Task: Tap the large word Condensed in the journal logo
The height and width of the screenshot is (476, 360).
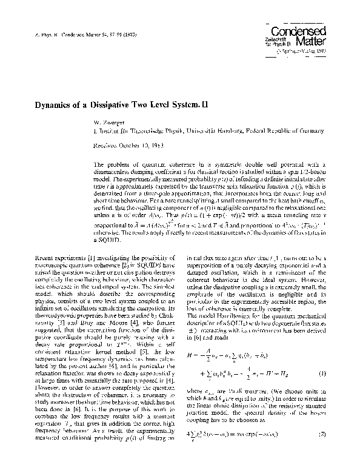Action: (307, 30)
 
